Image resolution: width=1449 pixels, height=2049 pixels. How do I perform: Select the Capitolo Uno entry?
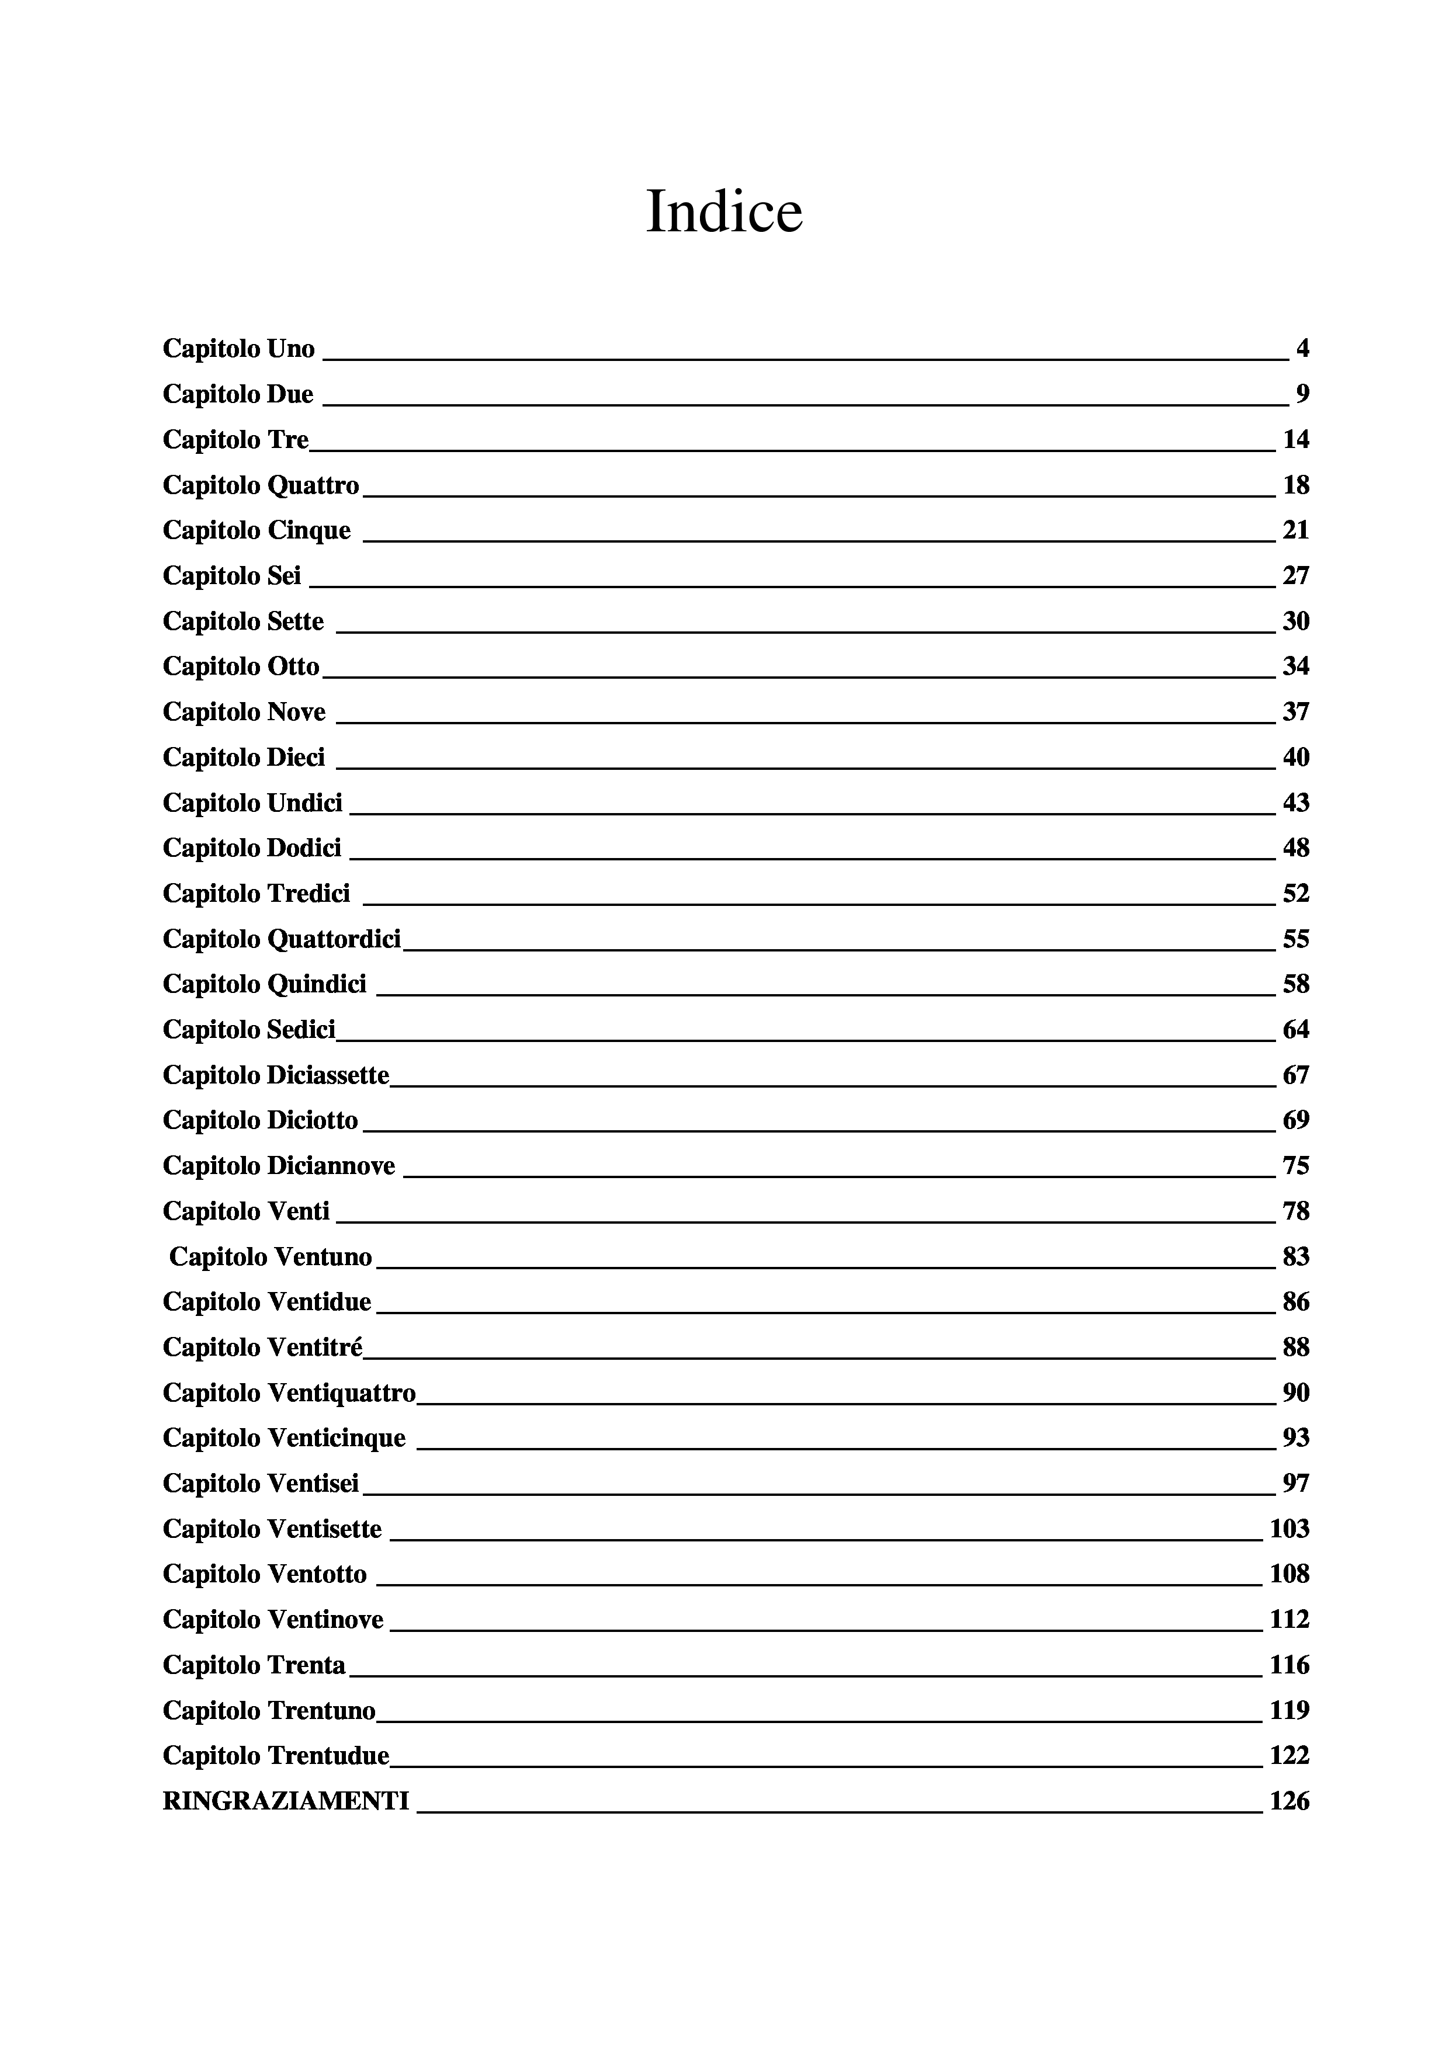[x=238, y=349]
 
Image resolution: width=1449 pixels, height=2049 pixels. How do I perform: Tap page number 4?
[x=1302, y=349]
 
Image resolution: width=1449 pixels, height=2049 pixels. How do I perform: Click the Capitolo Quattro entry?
[x=261, y=485]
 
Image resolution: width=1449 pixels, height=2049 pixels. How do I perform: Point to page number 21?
[x=1295, y=531]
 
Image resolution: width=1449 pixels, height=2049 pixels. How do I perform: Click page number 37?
[x=1295, y=712]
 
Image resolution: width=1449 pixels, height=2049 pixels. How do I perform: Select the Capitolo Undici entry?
[x=252, y=803]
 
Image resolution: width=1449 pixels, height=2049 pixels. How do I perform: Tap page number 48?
[x=1295, y=848]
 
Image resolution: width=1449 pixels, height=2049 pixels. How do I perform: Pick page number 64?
[x=1295, y=1030]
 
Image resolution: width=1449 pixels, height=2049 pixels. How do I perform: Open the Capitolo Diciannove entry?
[x=279, y=1166]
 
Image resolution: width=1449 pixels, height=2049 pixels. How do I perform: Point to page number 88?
[x=1295, y=1348]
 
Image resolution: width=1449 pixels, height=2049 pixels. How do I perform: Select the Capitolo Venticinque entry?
[x=284, y=1439]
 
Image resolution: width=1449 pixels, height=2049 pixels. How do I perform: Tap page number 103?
[x=1289, y=1530]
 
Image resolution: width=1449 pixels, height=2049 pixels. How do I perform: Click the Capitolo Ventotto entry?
[x=264, y=1574]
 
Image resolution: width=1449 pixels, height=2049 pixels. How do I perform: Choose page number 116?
[x=1289, y=1665]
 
